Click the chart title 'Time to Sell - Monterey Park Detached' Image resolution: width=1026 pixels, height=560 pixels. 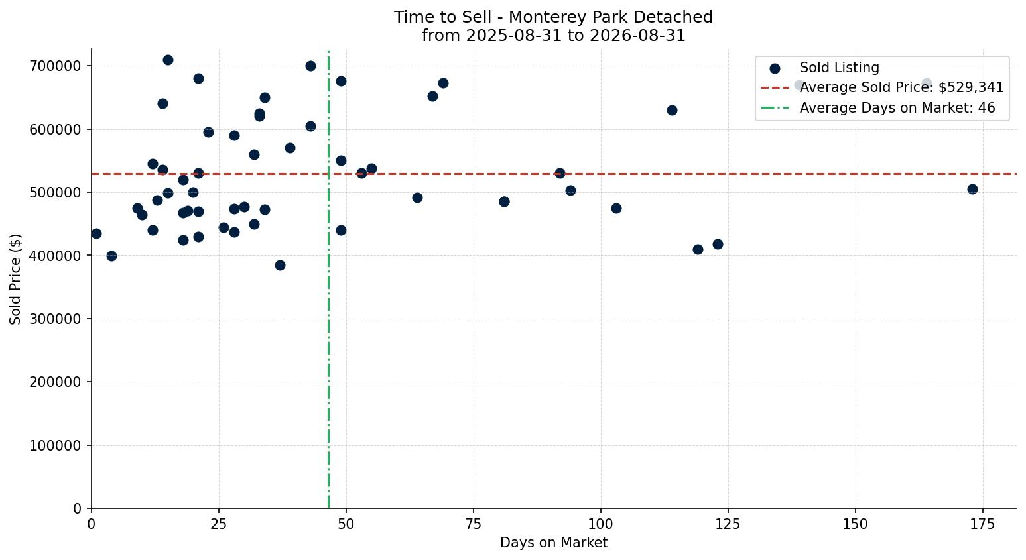point(553,17)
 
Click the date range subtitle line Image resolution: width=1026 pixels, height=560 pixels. point(553,36)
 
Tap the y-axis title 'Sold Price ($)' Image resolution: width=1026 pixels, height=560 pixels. point(15,279)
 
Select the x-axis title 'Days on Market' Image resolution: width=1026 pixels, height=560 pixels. point(554,543)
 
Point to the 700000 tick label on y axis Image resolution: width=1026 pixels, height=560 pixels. point(55,66)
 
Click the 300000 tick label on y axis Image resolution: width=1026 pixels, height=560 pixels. point(55,319)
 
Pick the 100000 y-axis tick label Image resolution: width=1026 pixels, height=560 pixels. point(55,445)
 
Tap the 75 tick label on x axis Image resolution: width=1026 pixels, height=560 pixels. point(474,524)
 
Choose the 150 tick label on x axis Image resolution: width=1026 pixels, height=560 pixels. point(855,524)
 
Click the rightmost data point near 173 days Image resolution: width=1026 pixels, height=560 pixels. point(972,190)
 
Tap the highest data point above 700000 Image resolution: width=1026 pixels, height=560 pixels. point(168,60)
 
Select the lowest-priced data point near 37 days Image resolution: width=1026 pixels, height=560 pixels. point(281,265)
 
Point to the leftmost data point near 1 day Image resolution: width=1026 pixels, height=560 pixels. point(96,234)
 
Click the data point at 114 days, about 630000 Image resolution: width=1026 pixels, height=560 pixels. point(672,110)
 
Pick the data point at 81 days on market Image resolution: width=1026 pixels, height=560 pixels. point(504,201)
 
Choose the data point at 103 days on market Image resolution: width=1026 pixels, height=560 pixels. point(617,209)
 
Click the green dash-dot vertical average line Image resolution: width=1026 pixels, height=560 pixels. point(328,279)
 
